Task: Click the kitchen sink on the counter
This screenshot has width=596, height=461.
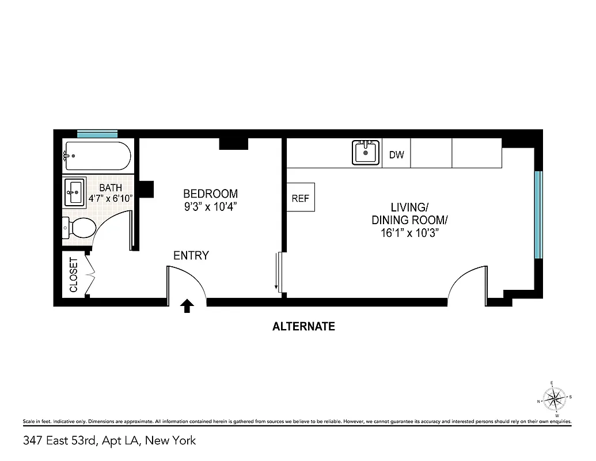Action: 365,153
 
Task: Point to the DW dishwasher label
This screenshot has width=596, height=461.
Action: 396,155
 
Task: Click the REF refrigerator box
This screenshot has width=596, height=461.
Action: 301,198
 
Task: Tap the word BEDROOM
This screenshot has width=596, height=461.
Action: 210,194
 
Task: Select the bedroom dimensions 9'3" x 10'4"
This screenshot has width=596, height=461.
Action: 210,206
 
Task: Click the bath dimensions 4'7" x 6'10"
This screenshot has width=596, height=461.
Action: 111,198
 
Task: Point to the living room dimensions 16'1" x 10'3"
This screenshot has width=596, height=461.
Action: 409,233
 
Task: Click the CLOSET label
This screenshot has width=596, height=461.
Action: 74,275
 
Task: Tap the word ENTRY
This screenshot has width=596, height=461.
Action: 191,256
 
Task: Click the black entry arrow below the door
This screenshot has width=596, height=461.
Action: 187,306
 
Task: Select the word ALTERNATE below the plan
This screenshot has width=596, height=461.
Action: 303,327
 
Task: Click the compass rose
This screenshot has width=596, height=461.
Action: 555,398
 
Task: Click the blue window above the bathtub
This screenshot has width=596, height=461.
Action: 97,134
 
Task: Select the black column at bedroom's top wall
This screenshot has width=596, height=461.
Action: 233,143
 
